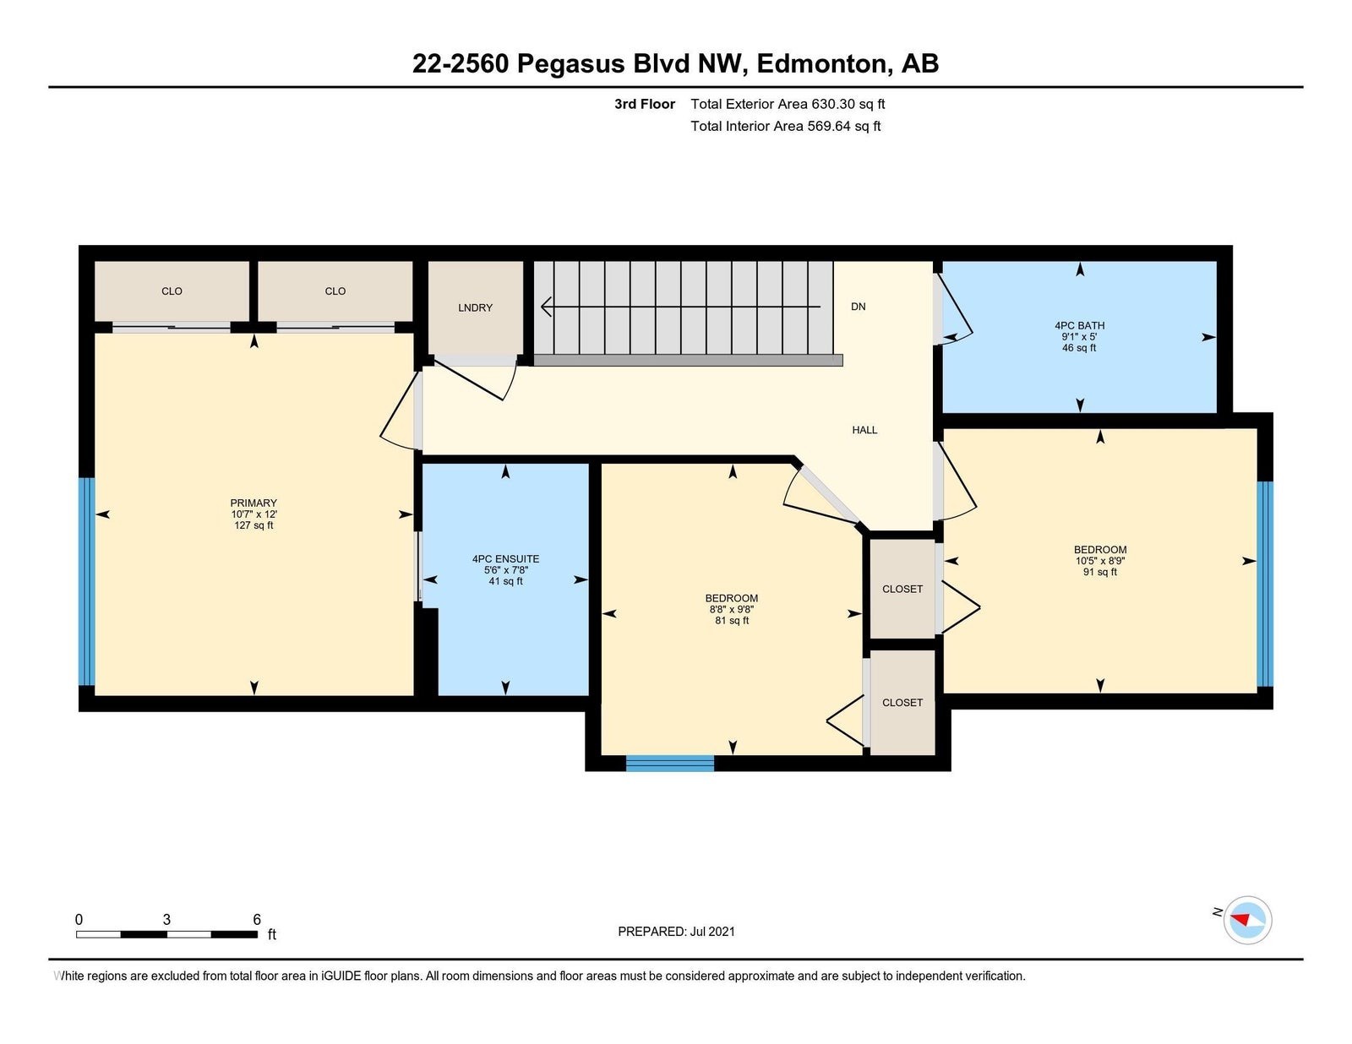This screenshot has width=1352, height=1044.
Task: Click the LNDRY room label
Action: click(x=475, y=307)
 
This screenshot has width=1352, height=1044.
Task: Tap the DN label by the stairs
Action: click(x=858, y=307)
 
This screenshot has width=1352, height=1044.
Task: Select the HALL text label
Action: click(x=864, y=430)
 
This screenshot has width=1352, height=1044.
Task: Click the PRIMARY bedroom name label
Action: click(x=253, y=503)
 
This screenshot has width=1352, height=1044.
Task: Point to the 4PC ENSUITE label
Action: click(x=505, y=559)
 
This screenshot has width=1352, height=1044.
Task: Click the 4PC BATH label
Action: click(x=1079, y=325)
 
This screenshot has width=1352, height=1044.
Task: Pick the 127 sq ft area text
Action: click(x=253, y=525)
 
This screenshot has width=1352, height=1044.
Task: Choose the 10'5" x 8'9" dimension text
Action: click(x=1099, y=561)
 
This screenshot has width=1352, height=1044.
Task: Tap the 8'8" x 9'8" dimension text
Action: click(x=732, y=610)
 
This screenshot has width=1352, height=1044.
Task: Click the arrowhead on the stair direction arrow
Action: click(x=546, y=307)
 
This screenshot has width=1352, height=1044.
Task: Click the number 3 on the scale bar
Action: click(x=166, y=920)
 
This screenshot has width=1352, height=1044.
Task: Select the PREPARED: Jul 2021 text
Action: click(x=676, y=932)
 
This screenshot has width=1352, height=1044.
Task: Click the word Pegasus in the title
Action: click(x=570, y=64)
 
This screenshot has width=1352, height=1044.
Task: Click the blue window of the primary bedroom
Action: click(x=87, y=581)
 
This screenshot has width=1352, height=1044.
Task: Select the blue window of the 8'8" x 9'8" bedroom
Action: click(x=669, y=763)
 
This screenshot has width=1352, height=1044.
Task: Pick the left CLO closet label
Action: click(x=172, y=291)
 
